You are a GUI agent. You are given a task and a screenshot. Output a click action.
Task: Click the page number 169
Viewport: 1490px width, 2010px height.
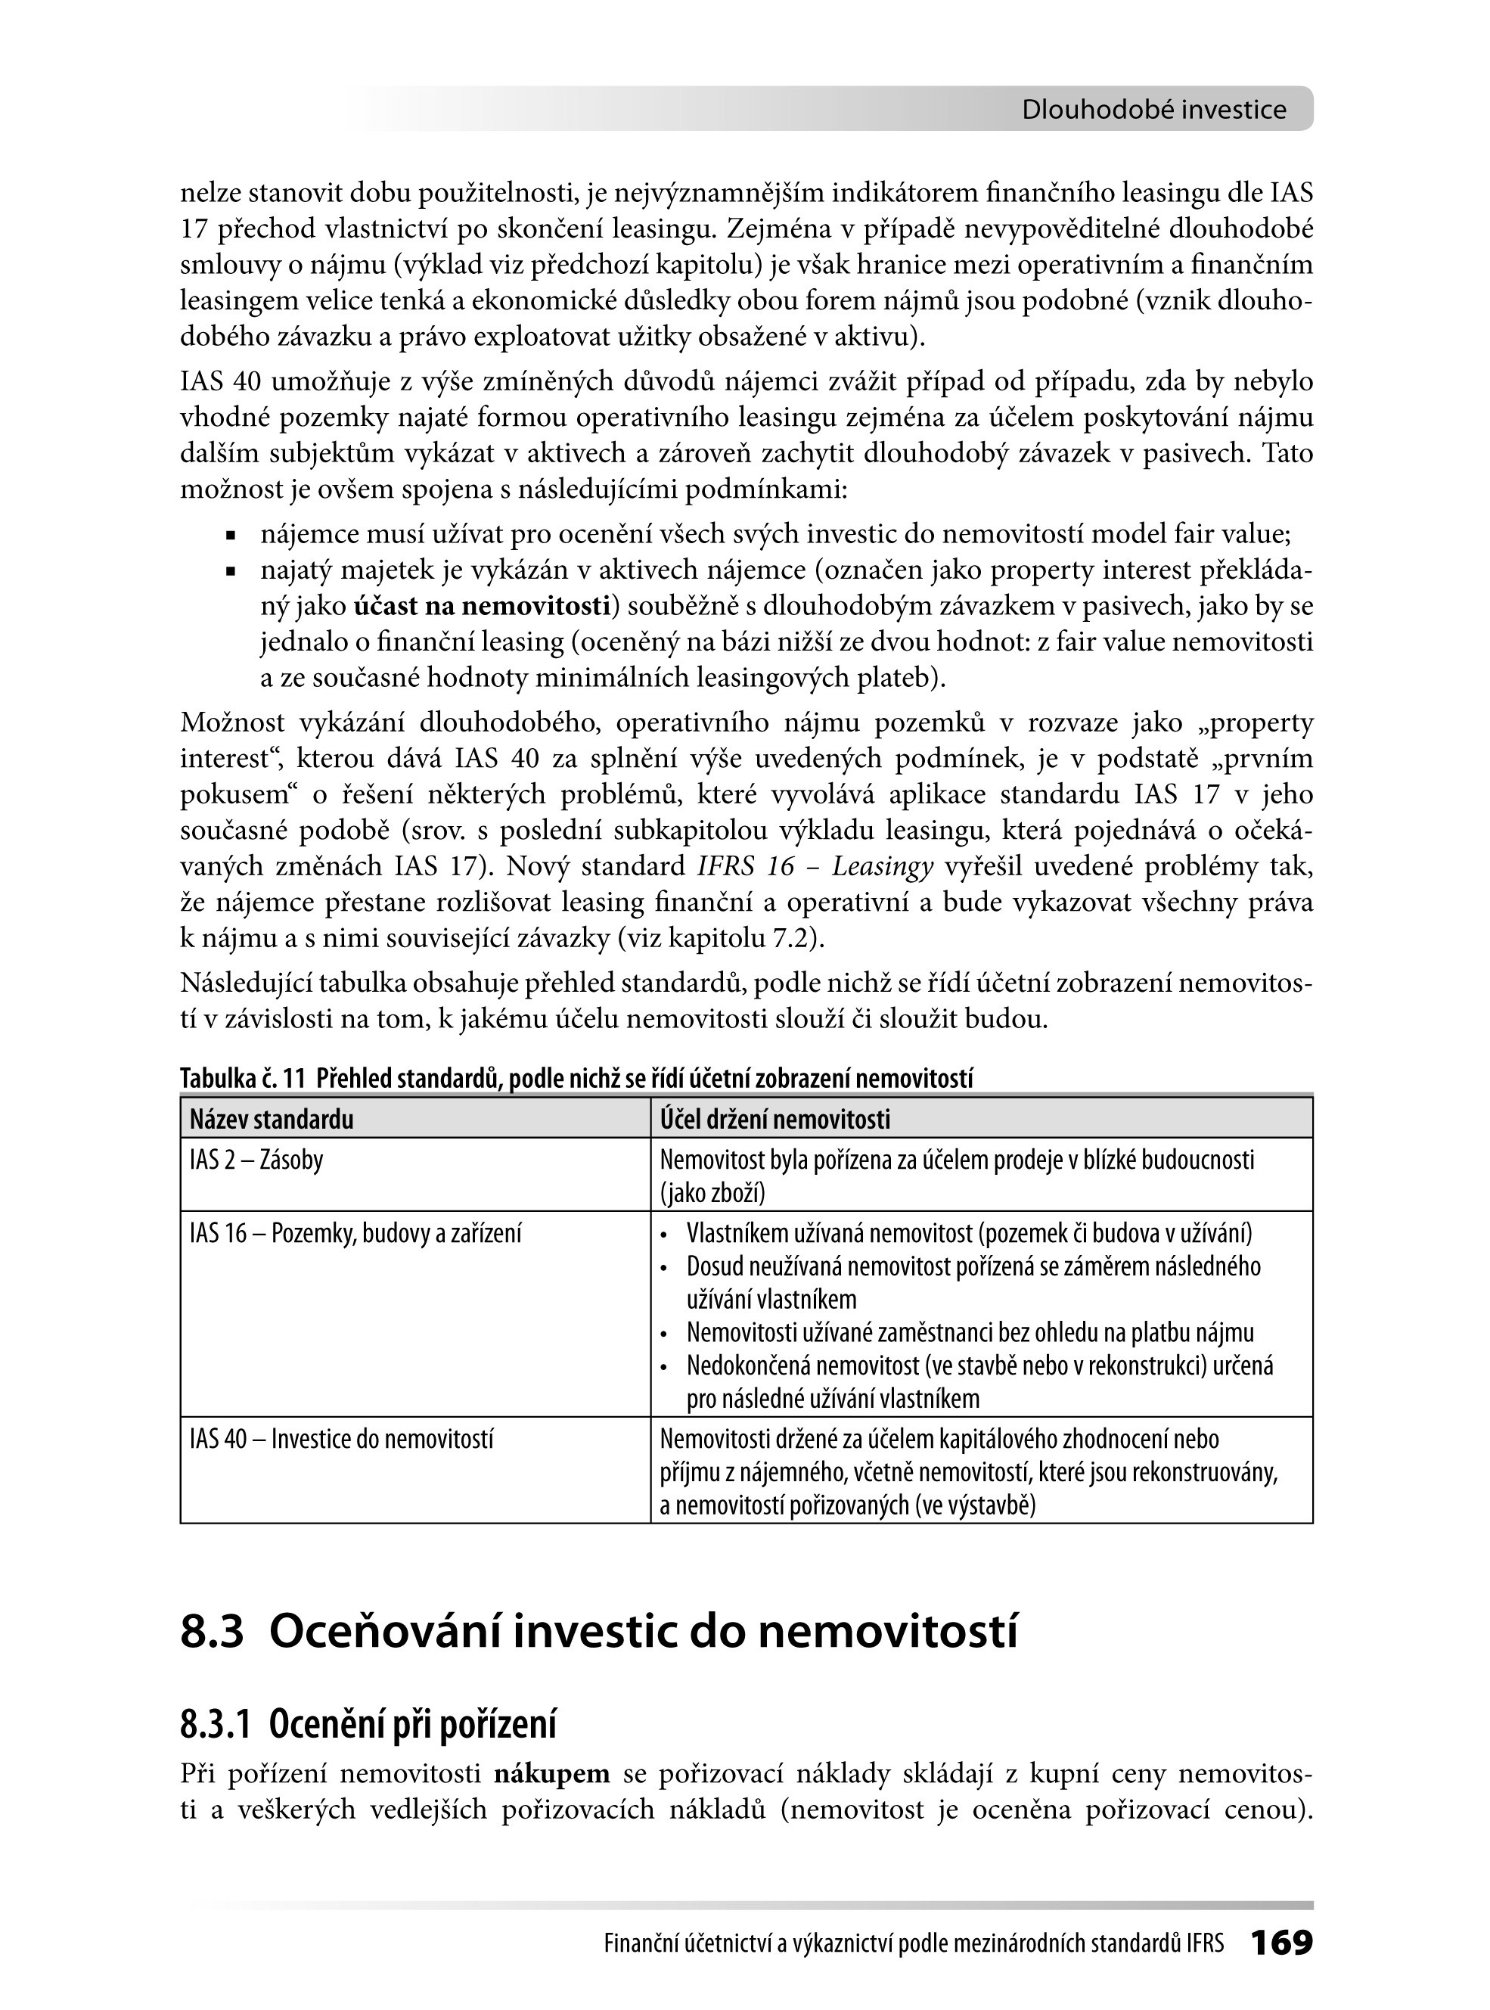point(1280,1943)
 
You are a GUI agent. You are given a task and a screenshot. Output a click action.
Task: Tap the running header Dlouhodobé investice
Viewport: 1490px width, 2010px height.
point(1153,110)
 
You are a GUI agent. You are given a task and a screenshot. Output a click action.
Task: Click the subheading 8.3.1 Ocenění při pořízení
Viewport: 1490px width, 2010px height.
point(368,1724)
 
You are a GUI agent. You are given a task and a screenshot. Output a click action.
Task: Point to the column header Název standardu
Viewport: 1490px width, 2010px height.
point(272,1120)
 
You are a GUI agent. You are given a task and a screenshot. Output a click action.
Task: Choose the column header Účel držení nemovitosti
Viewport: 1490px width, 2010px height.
point(774,1120)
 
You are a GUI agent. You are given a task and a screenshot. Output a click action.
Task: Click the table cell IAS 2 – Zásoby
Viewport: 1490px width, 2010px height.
point(256,1159)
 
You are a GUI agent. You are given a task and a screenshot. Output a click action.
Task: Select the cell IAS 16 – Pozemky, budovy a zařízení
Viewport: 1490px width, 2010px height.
point(355,1233)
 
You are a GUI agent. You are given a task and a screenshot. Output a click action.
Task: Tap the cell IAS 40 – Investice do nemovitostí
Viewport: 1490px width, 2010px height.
point(342,1439)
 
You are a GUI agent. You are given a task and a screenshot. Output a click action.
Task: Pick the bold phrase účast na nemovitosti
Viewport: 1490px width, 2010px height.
point(483,606)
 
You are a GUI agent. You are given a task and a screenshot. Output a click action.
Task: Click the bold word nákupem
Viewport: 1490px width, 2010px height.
point(552,1774)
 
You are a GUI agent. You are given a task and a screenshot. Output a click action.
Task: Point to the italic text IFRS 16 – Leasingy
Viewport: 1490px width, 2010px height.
point(815,867)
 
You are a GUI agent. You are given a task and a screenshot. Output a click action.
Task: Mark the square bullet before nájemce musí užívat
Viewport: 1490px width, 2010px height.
point(231,536)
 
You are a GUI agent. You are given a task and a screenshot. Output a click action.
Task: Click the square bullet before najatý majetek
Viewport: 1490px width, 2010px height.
point(231,572)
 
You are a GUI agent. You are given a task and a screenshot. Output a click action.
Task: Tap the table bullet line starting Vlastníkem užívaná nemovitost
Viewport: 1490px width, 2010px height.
point(969,1233)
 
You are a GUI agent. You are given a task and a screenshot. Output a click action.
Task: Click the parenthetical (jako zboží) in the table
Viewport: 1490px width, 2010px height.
point(712,1194)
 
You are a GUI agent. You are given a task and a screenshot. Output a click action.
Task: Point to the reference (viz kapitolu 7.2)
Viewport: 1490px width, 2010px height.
point(721,938)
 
